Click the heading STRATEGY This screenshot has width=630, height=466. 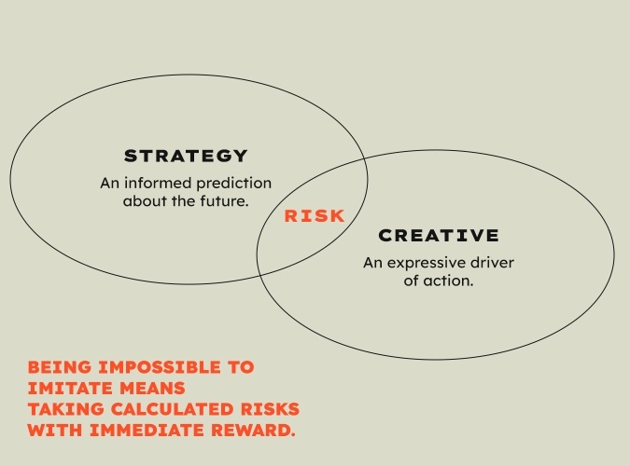(186, 156)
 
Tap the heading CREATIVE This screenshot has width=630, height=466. (439, 235)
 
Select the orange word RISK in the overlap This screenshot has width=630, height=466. (315, 216)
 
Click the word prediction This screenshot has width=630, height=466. (233, 184)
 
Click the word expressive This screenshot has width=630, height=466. (426, 264)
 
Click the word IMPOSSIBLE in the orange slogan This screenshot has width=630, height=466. (160, 367)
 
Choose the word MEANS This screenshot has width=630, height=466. (152, 388)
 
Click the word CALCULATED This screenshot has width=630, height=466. (172, 409)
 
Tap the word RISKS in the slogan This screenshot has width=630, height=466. (270, 409)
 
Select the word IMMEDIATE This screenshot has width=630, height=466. (147, 431)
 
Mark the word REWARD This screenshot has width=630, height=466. (253, 431)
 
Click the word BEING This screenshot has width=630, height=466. (60, 367)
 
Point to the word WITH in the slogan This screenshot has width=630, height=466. (55, 431)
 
